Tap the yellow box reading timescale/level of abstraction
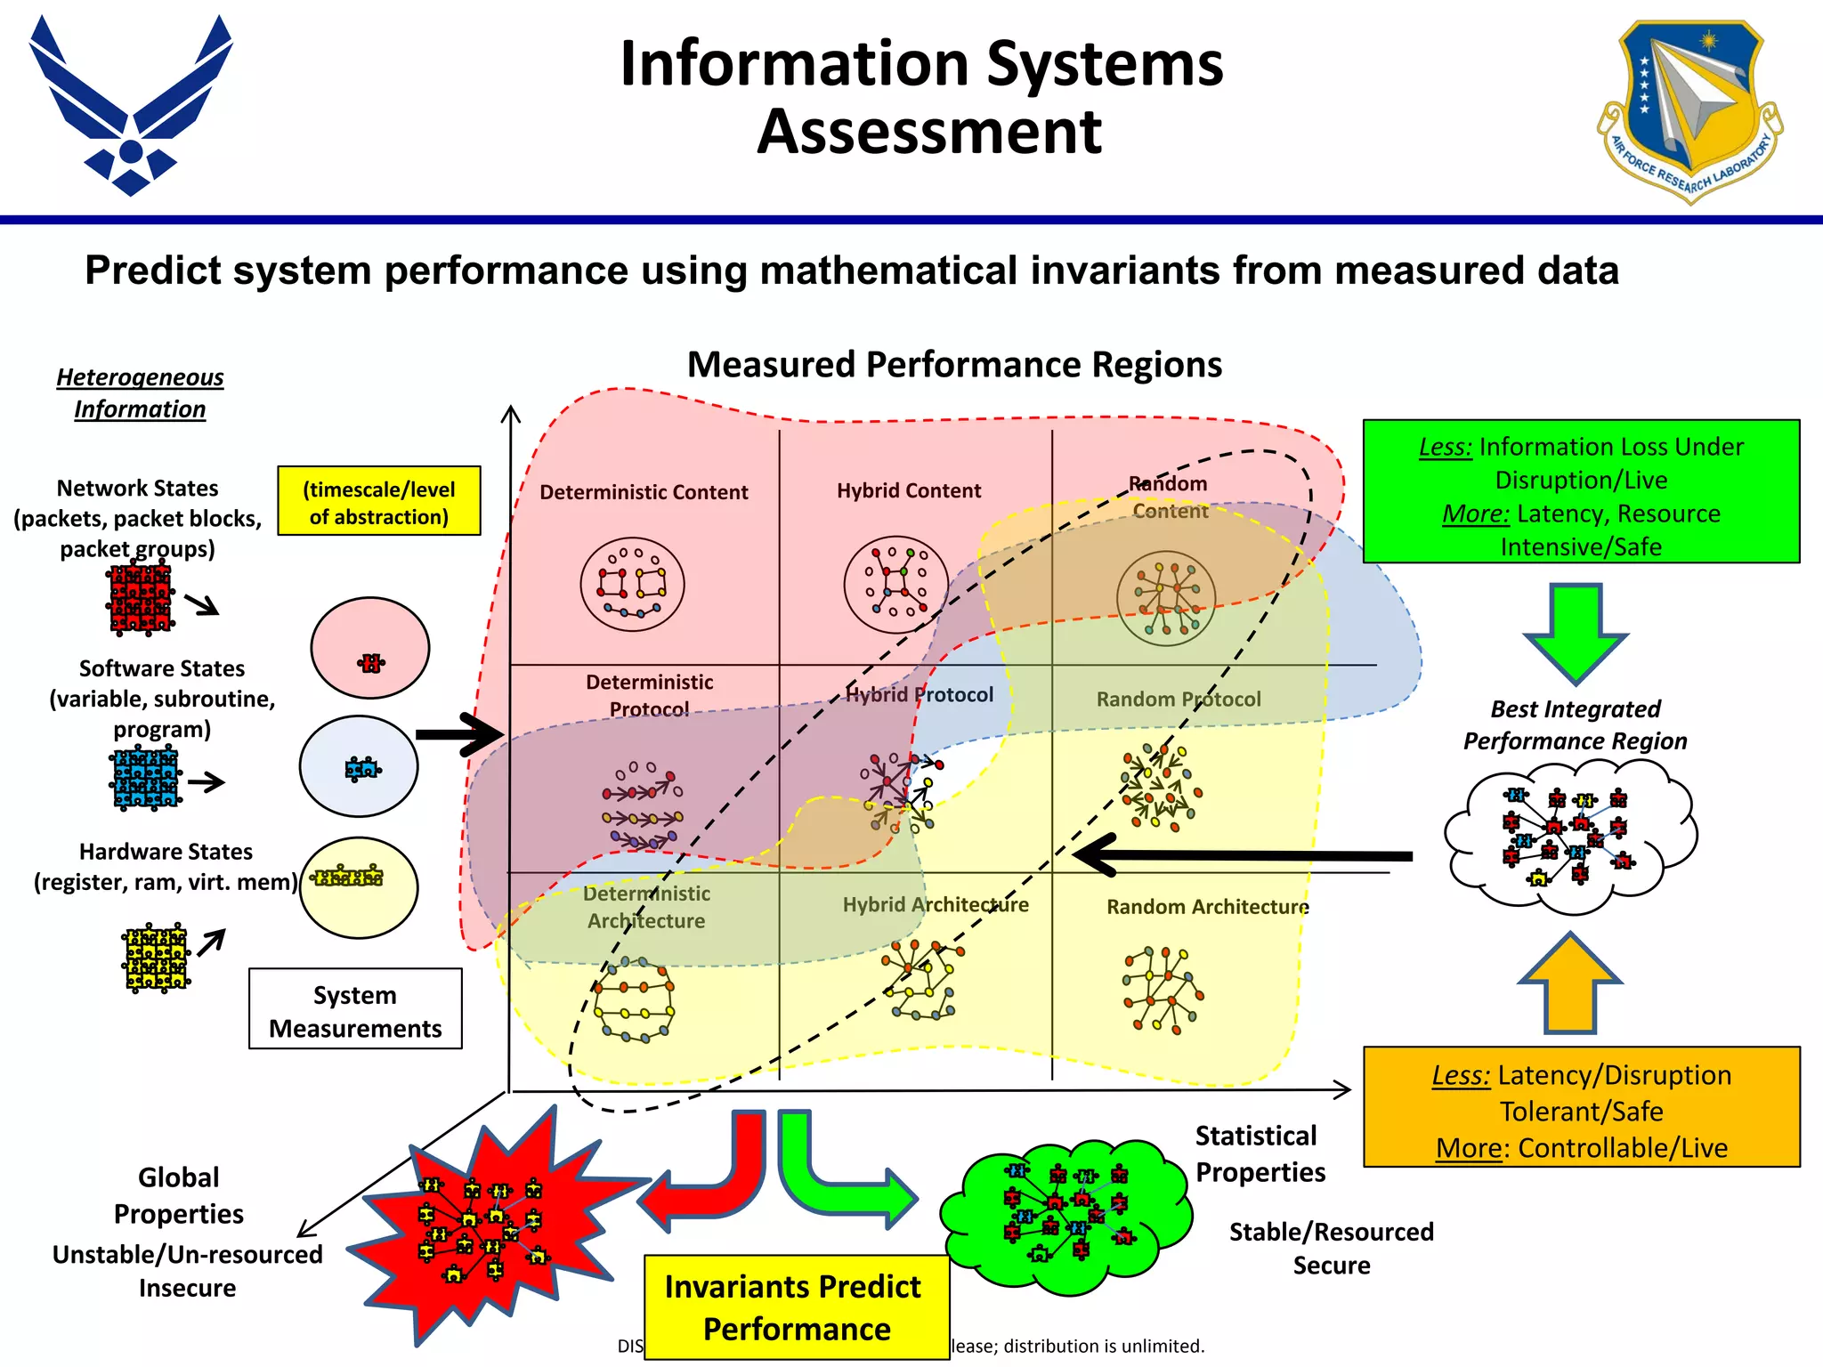[378, 501]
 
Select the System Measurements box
[355, 1009]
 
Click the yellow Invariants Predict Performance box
[796, 1306]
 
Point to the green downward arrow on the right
[1576, 632]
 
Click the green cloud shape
[1065, 1215]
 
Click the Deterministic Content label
[644, 492]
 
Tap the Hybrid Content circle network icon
[895, 585]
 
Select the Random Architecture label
[1207, 907]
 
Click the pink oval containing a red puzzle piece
[370, 648]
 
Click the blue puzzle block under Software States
[146, 780]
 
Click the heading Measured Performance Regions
[954, 365]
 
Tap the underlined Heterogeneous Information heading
[140, 392]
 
